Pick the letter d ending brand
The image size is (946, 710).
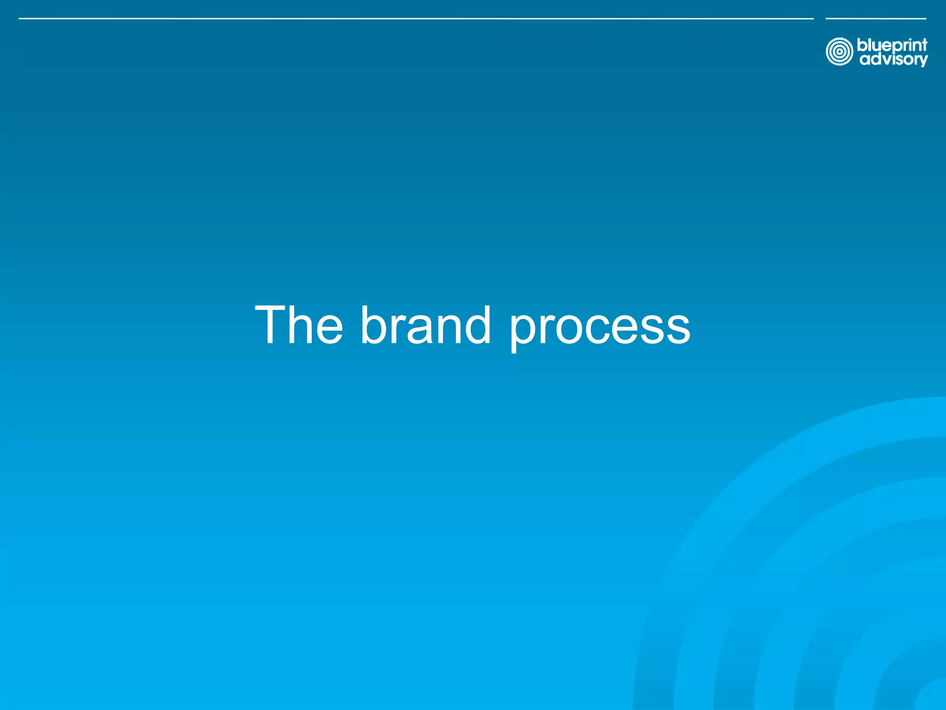[x=477, y=325]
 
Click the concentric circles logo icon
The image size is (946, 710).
[x=839, y=52]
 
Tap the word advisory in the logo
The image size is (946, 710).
[x=893, y=60]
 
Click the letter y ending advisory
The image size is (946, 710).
[x=922, y=61]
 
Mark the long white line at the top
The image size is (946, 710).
[x=416, y=18]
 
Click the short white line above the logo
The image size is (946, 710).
[x=876, y=18]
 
